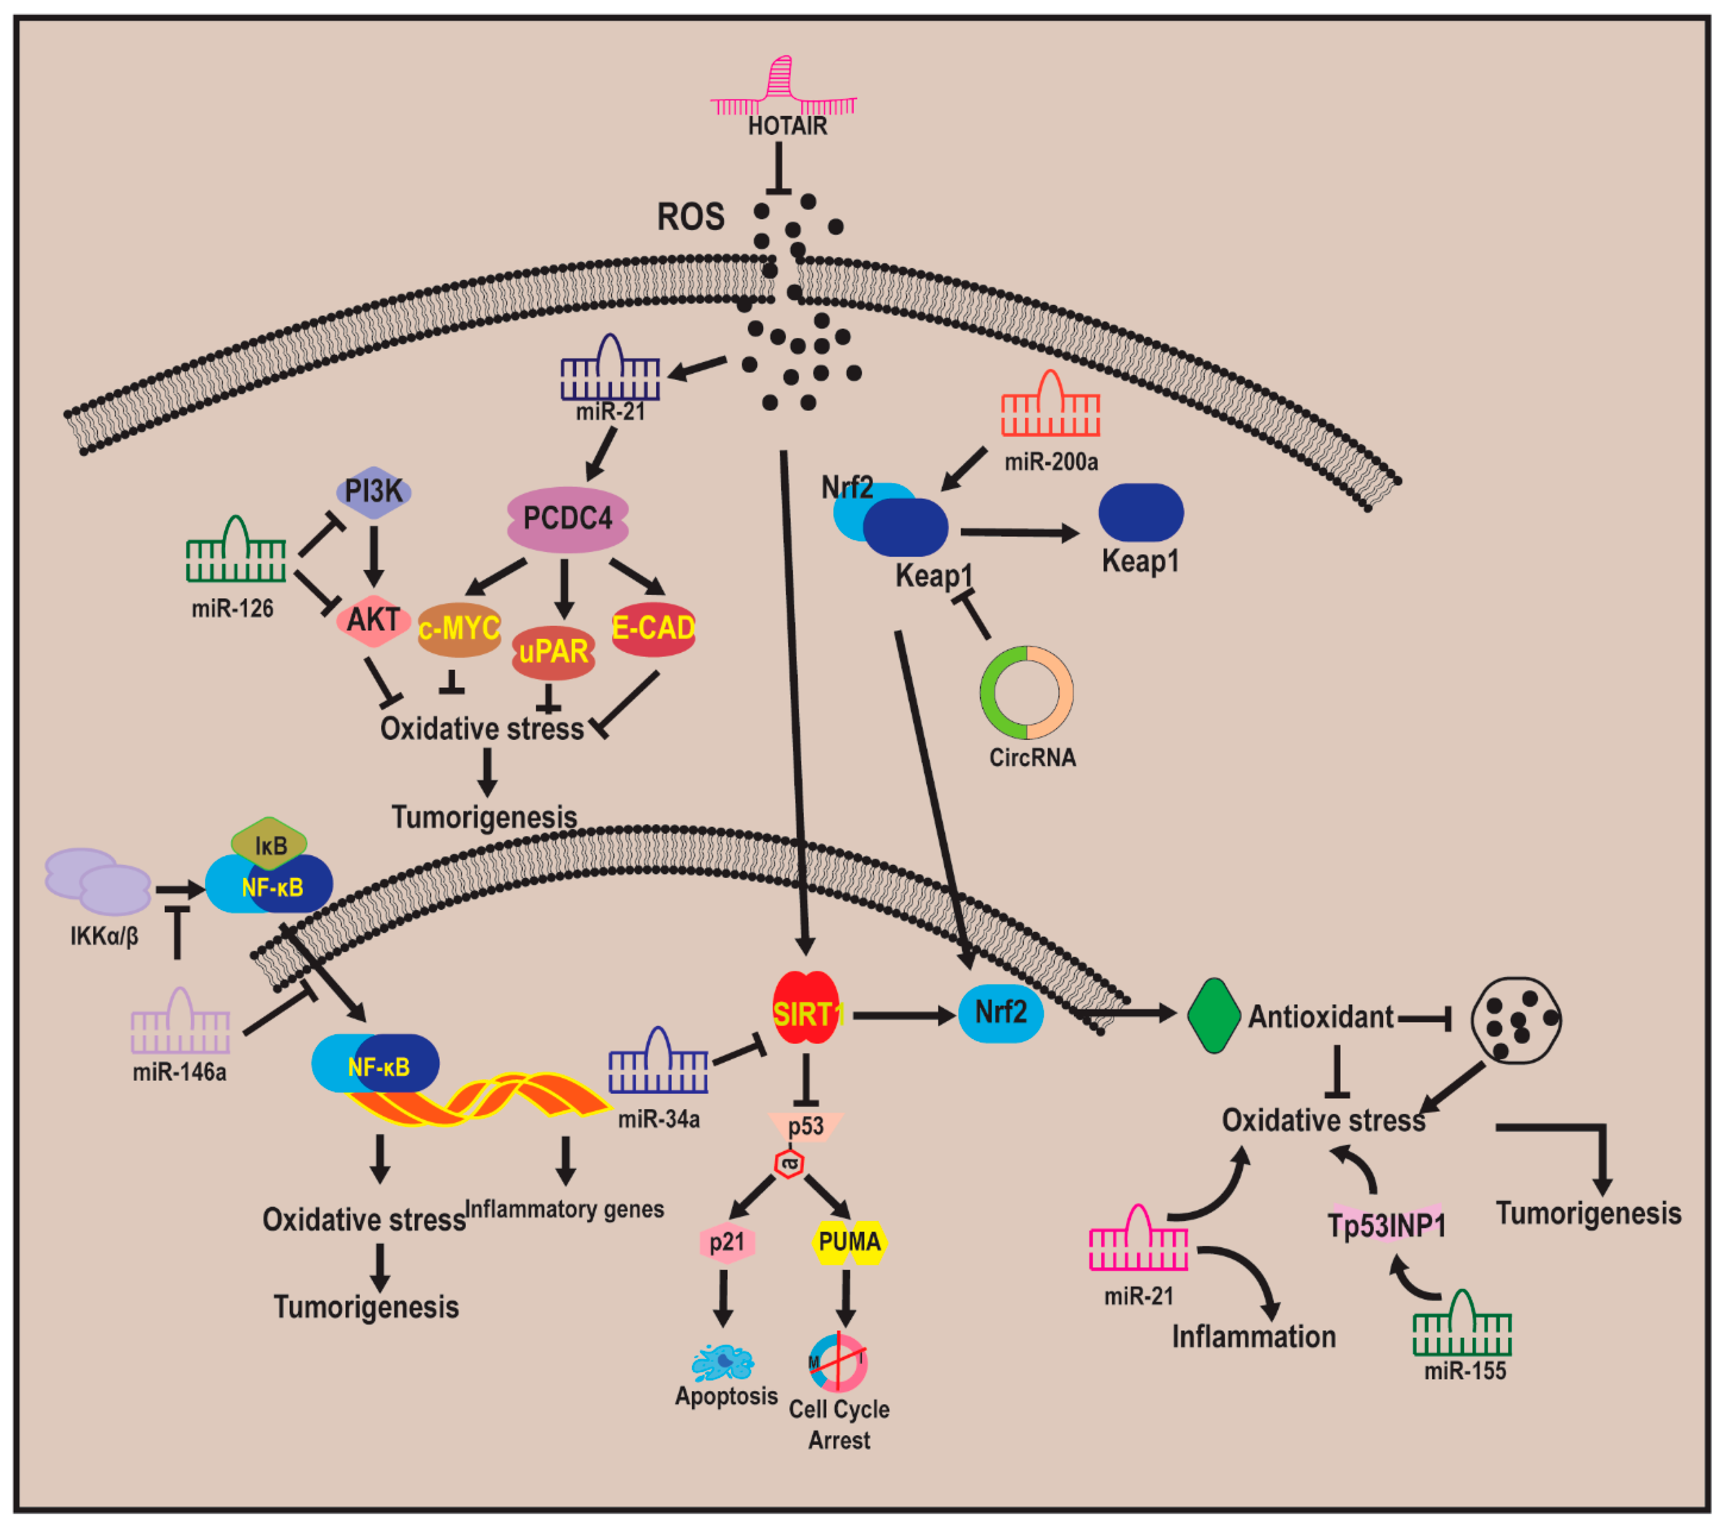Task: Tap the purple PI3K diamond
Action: click(x=374, y=490)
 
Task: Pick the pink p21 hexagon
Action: click(x=727, y=1242)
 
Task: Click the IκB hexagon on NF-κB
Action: click(x=269, y=845)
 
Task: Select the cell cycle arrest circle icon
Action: click(x=838, y=1362)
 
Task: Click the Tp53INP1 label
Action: click(x=1387, y=1226)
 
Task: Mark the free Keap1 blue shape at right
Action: click(x=1141, y=513)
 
